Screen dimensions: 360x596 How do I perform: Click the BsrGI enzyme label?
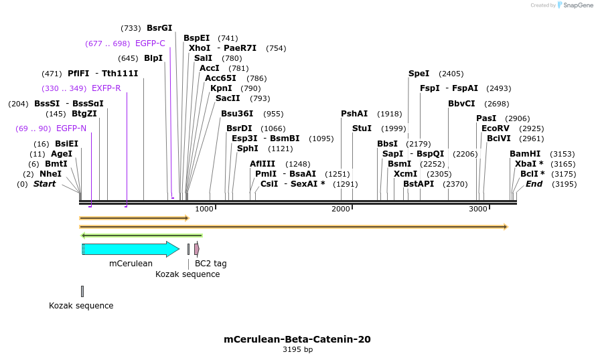(159, 28)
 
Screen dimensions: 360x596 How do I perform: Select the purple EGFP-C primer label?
(150, 43)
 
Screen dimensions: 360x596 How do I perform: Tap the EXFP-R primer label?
(106, 88)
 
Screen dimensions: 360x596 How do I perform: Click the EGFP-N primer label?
(71, 128)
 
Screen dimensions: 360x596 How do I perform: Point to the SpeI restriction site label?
(419, 74)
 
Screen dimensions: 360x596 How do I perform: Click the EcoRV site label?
(495, 128)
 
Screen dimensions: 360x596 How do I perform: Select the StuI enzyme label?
(362, 128)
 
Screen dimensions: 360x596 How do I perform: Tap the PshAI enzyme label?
(354, 114)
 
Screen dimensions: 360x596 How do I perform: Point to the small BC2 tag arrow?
(197, 250)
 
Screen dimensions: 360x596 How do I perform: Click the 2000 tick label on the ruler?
(342, 209)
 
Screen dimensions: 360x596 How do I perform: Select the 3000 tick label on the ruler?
(478, 209)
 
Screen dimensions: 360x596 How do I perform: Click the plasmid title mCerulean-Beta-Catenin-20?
(297, 339)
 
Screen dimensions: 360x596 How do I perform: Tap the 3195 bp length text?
(297, 349)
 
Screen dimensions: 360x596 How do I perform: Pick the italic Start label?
(45, 184)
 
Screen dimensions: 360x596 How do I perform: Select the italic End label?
(534, 184)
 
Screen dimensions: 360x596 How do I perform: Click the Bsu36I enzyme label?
(237, 114)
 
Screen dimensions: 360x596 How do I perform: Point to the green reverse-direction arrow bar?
(141, 236)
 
